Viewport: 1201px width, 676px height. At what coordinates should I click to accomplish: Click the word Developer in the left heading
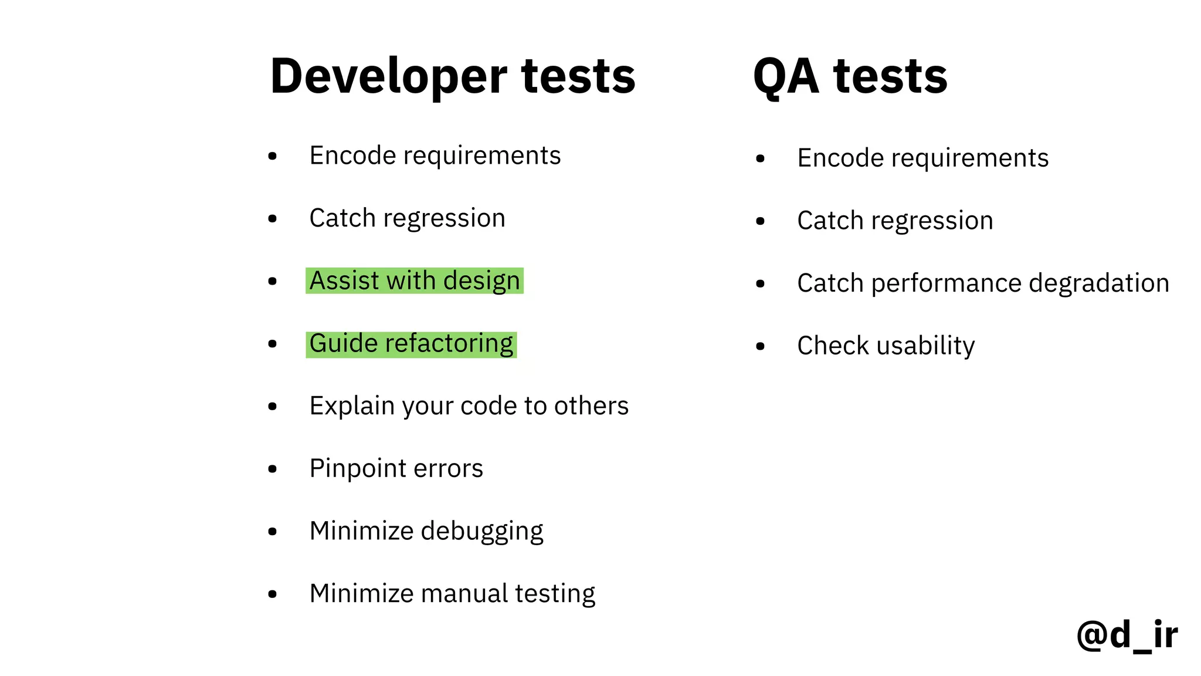pos(388,76)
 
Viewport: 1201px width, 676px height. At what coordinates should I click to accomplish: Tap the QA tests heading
pos(850,76)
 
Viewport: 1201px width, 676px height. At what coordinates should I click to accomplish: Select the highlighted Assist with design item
pos(414,280)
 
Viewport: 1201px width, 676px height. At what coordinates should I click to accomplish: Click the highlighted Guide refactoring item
pos(411,343)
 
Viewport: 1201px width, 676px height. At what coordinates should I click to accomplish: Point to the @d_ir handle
pos(1127,634)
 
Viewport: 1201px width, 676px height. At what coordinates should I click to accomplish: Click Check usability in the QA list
pos(886,346)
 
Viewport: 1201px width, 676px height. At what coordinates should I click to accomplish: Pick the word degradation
pos(1099,283)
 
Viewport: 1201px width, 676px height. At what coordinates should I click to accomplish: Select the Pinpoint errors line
pos(396,468)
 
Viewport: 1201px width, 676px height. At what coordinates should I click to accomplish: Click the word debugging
pos(482,531)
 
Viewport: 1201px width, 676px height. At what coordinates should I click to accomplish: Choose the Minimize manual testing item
pos(452,593)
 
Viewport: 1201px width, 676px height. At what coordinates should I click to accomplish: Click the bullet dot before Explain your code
pos(272,406)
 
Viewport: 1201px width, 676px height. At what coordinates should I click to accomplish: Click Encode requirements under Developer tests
pos(435,156)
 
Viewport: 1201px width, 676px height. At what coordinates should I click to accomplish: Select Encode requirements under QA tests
pos(922,158)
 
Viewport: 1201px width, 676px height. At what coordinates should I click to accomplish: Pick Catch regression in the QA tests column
pos(895,221)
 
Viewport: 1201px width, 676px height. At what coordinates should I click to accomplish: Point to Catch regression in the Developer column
pos(407,218)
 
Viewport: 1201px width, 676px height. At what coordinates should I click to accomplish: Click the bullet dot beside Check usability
pos(760,346)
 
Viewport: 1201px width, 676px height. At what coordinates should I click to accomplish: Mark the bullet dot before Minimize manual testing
pos(272,594)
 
